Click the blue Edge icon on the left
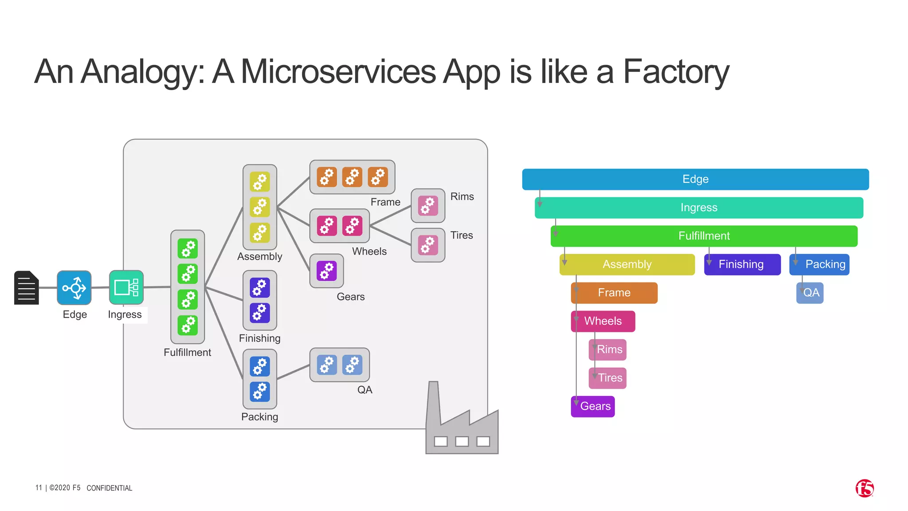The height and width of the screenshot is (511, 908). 74,288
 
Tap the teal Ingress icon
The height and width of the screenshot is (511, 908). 126,287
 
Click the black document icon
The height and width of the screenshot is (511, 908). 27,288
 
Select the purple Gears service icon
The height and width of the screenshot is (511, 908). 327,271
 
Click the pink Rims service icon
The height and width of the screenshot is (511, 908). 428,206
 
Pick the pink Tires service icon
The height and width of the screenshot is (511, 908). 428,245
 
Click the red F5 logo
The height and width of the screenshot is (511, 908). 864,488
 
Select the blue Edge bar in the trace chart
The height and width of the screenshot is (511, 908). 695,179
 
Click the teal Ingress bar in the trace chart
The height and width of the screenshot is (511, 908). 699,208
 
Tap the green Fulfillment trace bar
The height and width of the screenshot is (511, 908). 704,236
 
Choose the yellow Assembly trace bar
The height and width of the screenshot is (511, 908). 627,264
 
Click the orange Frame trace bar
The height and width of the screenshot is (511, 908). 614,293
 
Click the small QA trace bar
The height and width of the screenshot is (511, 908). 810,293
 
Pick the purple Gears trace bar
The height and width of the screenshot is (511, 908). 593,406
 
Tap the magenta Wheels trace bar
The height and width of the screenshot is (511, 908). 603,321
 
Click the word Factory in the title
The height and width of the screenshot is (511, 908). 676,72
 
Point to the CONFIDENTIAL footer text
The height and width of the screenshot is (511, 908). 109,488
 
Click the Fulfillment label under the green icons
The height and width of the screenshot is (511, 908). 187,353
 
